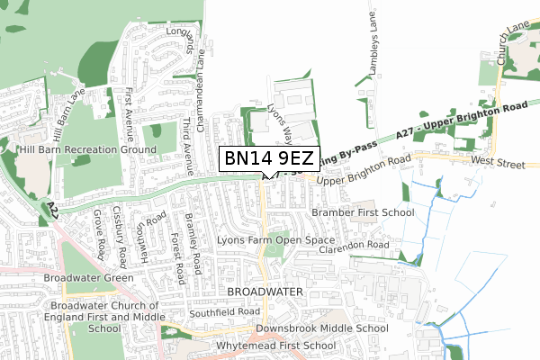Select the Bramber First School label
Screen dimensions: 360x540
tap(363, 212)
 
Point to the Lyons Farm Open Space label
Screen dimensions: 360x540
tap(275, 242)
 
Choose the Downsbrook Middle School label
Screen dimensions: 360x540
tap(321, 329)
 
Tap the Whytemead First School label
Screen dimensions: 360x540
tap(269, 346)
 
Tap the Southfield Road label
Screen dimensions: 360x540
tap(224, 312)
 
